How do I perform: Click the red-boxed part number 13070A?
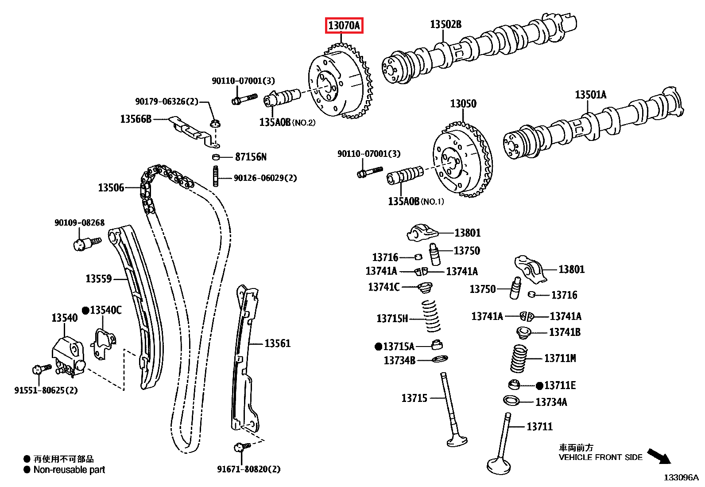pyautogui.click(x=344, y=26)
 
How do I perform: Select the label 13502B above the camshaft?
pyautogui.click(x=445, y=24)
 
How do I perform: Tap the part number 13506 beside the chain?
pyautogui.click(x=111, y=188)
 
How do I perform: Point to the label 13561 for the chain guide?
pyautogui.click(x=277, y=343)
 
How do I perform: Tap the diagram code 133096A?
pyautogui.click(x=681, y=477)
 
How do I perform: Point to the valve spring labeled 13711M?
pyautogui.click(x=519, y=358)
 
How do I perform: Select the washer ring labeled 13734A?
pyautogui.click(x=511, y=401)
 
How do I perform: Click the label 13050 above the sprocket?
pyautogui.click(x=463, y=104)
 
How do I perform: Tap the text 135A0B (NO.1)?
pyautogui.click(x=415, y=202)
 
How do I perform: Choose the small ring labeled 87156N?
pyautogui.click(x=216, y=157)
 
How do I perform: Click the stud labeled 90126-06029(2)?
pyautogui.click(x=216, y=176)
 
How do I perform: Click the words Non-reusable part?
pyautogui.click(x=69, y=470)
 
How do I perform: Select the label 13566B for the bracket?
pyautogui.click(x=136, y=119)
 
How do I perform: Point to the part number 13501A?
pyautogui.click(x=590, y=95)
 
